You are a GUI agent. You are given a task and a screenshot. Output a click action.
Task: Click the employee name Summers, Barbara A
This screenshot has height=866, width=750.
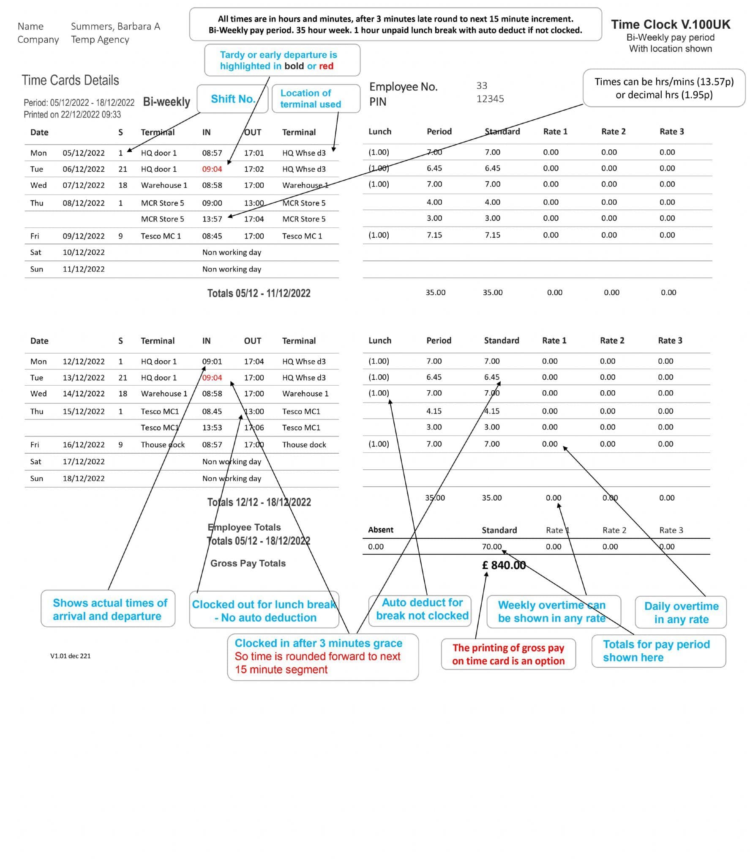[x=115, y=26]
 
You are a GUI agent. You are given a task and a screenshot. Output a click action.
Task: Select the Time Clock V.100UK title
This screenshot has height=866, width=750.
[x=670, y=25]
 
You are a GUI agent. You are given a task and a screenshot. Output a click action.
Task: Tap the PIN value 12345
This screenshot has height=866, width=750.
[x=490, y=99]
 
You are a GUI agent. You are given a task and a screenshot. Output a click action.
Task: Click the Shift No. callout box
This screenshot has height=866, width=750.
[x=232, y=99]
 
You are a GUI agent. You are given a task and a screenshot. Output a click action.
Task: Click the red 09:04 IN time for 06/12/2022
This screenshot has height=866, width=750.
[x=212, y=169]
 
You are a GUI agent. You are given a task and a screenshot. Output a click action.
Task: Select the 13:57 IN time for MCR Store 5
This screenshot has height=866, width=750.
[x=212, y=219]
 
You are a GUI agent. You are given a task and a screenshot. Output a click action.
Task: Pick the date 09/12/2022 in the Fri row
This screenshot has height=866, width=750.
[x=83, y=236]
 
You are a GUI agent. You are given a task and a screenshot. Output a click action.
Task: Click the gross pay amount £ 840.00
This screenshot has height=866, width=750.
[x=504, y=565]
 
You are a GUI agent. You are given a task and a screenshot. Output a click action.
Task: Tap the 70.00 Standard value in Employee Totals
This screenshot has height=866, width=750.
[x=491, y=547]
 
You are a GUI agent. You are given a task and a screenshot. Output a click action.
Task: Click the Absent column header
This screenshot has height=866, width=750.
[x=380, y=530]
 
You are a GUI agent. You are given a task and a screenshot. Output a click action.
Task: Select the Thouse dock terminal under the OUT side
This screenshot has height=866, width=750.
[x=304, y=444]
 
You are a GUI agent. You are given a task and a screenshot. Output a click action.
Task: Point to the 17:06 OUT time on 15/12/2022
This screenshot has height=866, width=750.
[x=254, y=428]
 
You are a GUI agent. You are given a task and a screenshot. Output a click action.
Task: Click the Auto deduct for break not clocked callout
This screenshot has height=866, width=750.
[x=422, y=609]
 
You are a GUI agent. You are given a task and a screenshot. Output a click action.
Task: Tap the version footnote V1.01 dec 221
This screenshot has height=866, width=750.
[x=70, y=656]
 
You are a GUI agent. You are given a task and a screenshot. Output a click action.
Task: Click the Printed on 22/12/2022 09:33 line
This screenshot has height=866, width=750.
[x=72, y=115]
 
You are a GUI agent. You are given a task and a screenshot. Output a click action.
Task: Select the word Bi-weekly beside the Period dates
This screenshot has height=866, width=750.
[x=166, y=102]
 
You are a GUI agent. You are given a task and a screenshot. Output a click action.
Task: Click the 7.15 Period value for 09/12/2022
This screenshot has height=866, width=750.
[x=434, y=235]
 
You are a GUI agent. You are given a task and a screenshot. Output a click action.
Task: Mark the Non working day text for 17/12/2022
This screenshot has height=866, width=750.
[x=232, y=461]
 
